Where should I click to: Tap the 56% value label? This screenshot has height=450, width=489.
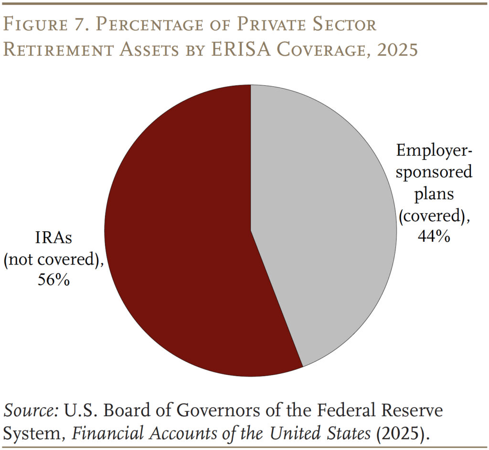click(54, 280)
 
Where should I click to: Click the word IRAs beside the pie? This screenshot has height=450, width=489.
click(54, 238)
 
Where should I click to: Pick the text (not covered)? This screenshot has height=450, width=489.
click(54, 259)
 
